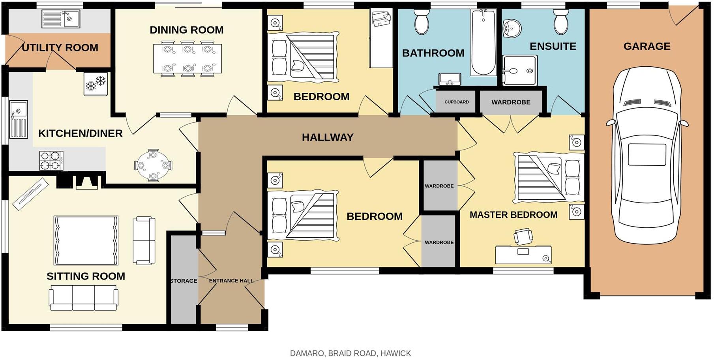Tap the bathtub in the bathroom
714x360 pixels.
pyautogui.click(x=483, y=43)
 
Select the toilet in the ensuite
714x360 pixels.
pyautogui.click(x=561, y=22)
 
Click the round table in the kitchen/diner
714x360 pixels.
pyautogui.click(x=153, y=165)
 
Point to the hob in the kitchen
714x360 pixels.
pyautogui.click(x=51, y=161)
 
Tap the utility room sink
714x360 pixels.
pyautogui.click(x=61, y=19)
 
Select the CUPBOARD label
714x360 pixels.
pyautogui.click(x=456, y=102)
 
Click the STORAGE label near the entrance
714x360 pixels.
pyautogui.click(x=184, y=281)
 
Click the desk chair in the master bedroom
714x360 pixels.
pyautogui.click(x=523, y=236)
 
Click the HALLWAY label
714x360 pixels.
pyautogui.click(x=327, y=137)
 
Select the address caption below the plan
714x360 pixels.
pyautogui.click(x=350, y=353)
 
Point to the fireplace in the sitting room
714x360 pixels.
pyautogui.click(x=86, y=182)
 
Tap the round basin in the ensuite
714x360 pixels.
pyautogui.click(x=512, y=28)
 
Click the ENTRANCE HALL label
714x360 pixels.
pyautogui.click(x=231, y=281)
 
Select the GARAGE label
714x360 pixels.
pyautogui.click(x=647, y=47)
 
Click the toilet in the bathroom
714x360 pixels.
pyautogui.click(x=422, y=22)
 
